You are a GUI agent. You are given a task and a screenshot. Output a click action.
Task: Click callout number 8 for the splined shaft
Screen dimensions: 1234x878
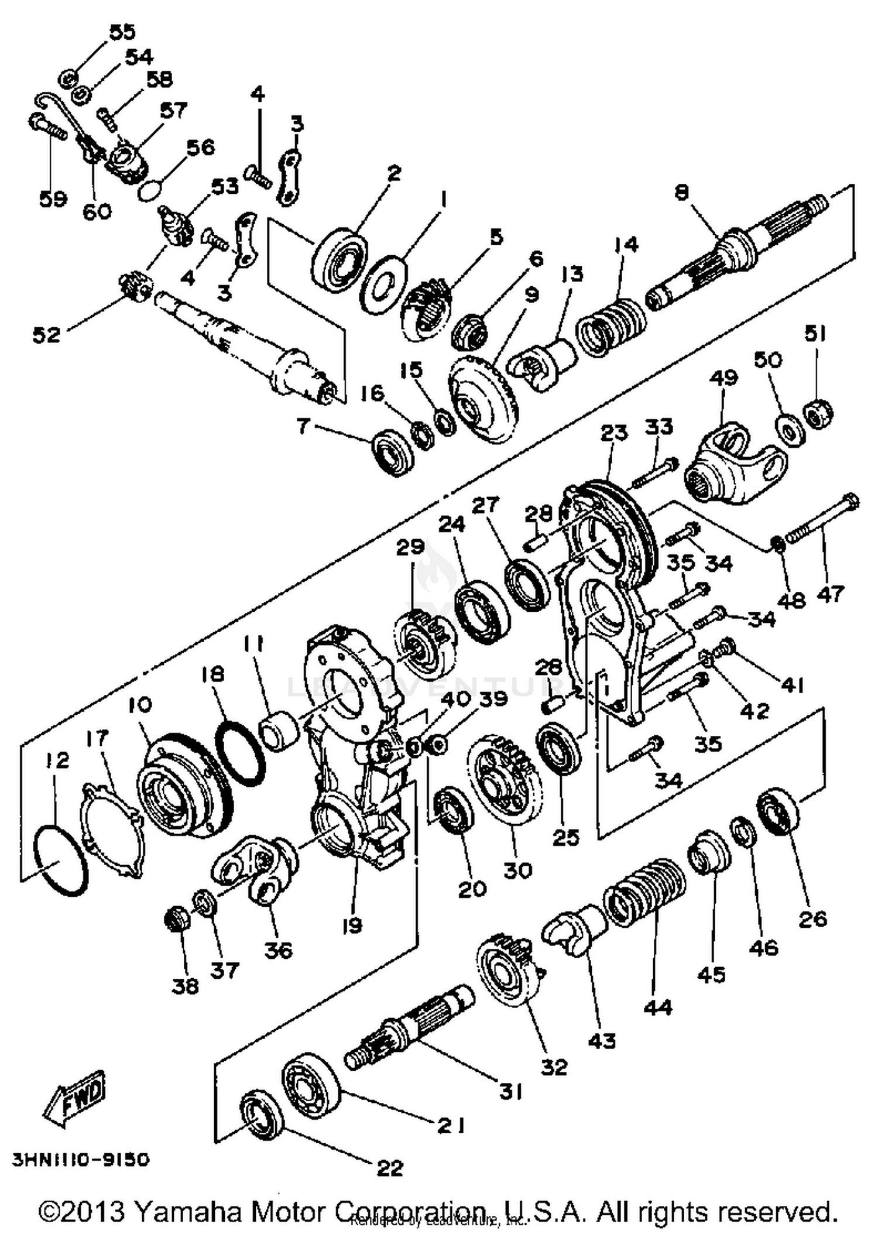[x=682, y=193]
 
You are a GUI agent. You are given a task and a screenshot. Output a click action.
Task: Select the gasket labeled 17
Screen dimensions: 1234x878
[x=111, y=831]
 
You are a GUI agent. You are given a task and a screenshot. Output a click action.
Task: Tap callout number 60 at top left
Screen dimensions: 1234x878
[x=97, y=211]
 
